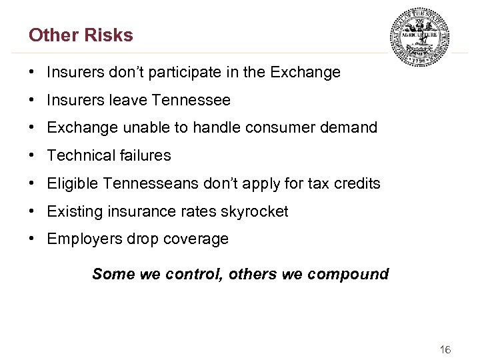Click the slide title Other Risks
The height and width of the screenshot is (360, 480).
click(81, 35)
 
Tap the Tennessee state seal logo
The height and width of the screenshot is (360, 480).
click(419, 37)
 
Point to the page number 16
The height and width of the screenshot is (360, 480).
click(445, 349)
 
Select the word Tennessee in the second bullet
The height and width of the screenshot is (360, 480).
click(191, 101)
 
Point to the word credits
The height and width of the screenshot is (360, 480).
click(357, 184)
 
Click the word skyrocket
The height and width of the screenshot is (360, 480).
click(256, 212)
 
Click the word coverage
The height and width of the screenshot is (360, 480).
click(197, 239)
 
